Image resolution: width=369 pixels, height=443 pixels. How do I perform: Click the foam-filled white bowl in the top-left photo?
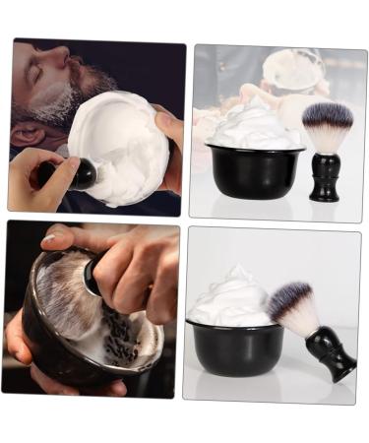pos(118,148)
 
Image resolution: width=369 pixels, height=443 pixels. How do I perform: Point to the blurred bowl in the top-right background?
pos(293,69)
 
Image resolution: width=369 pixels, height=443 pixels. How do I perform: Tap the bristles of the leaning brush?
pos(290,308)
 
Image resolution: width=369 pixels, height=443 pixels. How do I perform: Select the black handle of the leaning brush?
pos(330,353)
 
